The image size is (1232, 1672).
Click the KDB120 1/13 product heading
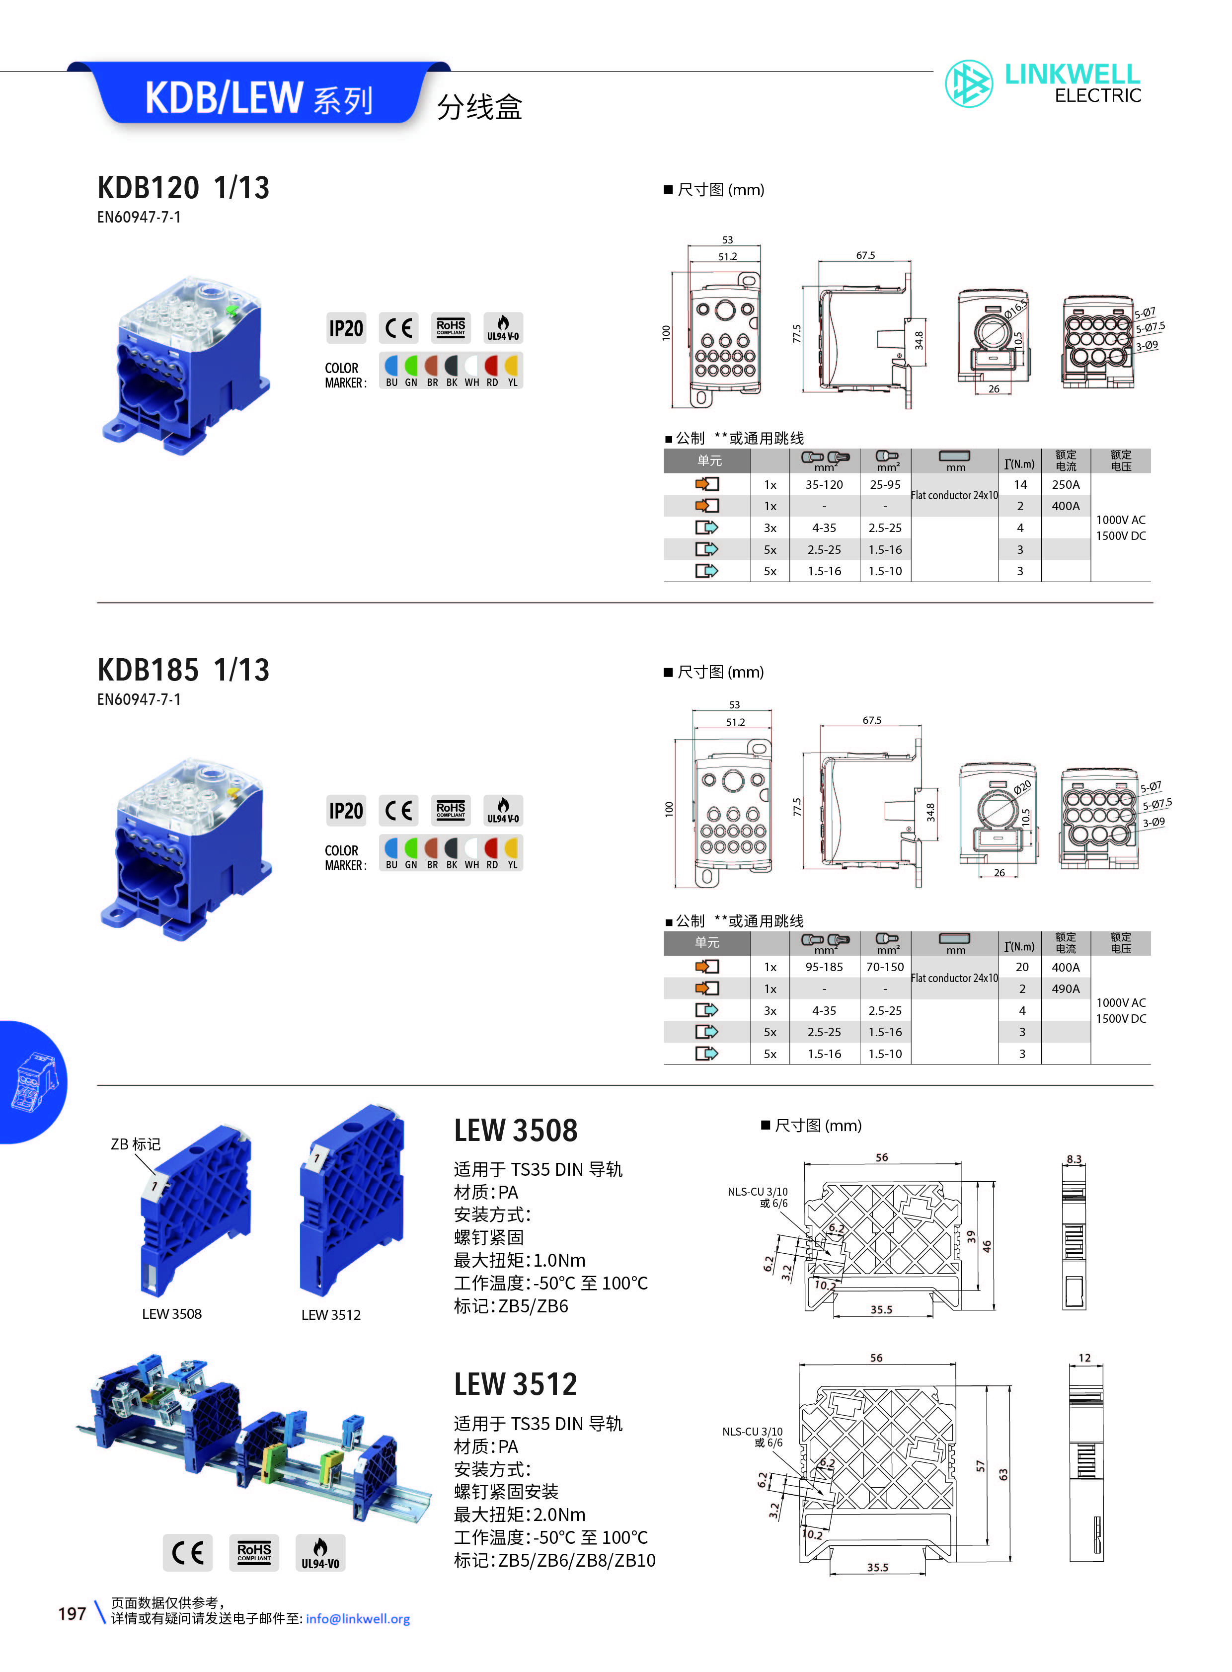pos(183,187)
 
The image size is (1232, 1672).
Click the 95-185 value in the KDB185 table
pos(824,967)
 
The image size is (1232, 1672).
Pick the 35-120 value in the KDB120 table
pos(824,485)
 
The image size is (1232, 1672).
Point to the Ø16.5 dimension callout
pos(1016,308)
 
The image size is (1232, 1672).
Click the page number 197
pos(73,1614)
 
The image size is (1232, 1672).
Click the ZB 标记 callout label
pos(136,1144)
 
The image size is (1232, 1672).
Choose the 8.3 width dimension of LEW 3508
pos(1074,1159)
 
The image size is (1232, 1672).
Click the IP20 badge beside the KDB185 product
pos(346,811)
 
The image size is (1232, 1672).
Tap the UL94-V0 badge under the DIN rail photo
pos(320,1553)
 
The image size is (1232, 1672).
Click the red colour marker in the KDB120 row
pos(491,366)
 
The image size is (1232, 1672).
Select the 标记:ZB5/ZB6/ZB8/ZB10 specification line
pos(555,1560)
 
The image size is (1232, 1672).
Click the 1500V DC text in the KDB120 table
pos(1121,535)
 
